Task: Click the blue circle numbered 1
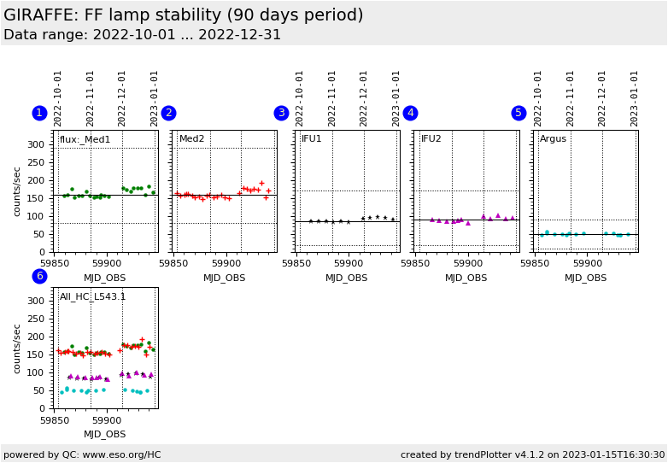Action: click(x=39, y=113)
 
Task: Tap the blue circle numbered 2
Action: click(x=168, y=113)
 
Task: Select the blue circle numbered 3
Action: click(x=281, y=113)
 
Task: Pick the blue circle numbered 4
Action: click(x=410, y=113)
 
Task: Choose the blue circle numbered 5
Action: click(x=519, y=113)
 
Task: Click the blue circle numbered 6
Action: click(x=39, y=276)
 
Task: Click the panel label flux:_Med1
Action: click(x=85, y=139)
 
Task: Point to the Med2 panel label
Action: click(x=191, y=139)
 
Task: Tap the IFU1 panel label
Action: click(x=312, y=139)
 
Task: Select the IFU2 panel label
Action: click(x=431, y=139)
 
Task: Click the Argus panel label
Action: click(x=553, y=139)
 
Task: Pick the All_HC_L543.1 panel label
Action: click(x=92, y=296)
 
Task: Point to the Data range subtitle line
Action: click(x=142, y=35)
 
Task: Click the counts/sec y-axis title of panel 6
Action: click(x=18, y=348)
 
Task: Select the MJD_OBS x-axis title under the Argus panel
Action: click(x=585, y=278)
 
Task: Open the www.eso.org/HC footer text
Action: click(x=82, y=454)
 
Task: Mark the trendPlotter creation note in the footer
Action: click(x=532, y=454)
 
